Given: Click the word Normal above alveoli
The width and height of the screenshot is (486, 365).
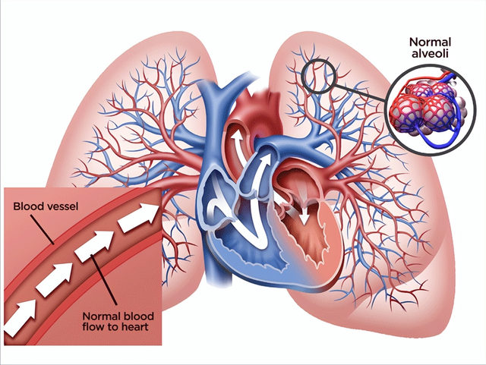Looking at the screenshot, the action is [x=430, y=42].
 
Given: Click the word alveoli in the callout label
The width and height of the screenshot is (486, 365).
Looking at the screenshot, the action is [x=430, y=54].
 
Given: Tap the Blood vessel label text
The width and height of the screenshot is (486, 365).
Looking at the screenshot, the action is [x=46, y=206].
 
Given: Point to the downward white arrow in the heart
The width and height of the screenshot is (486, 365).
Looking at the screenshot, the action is [x=304, y=214].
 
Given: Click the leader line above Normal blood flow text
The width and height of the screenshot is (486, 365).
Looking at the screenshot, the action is [x=103, y=279].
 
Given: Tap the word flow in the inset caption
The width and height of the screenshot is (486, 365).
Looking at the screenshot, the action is [x=94, y=326].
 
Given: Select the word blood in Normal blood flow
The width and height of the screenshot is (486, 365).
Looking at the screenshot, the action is [x=139, y=316].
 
